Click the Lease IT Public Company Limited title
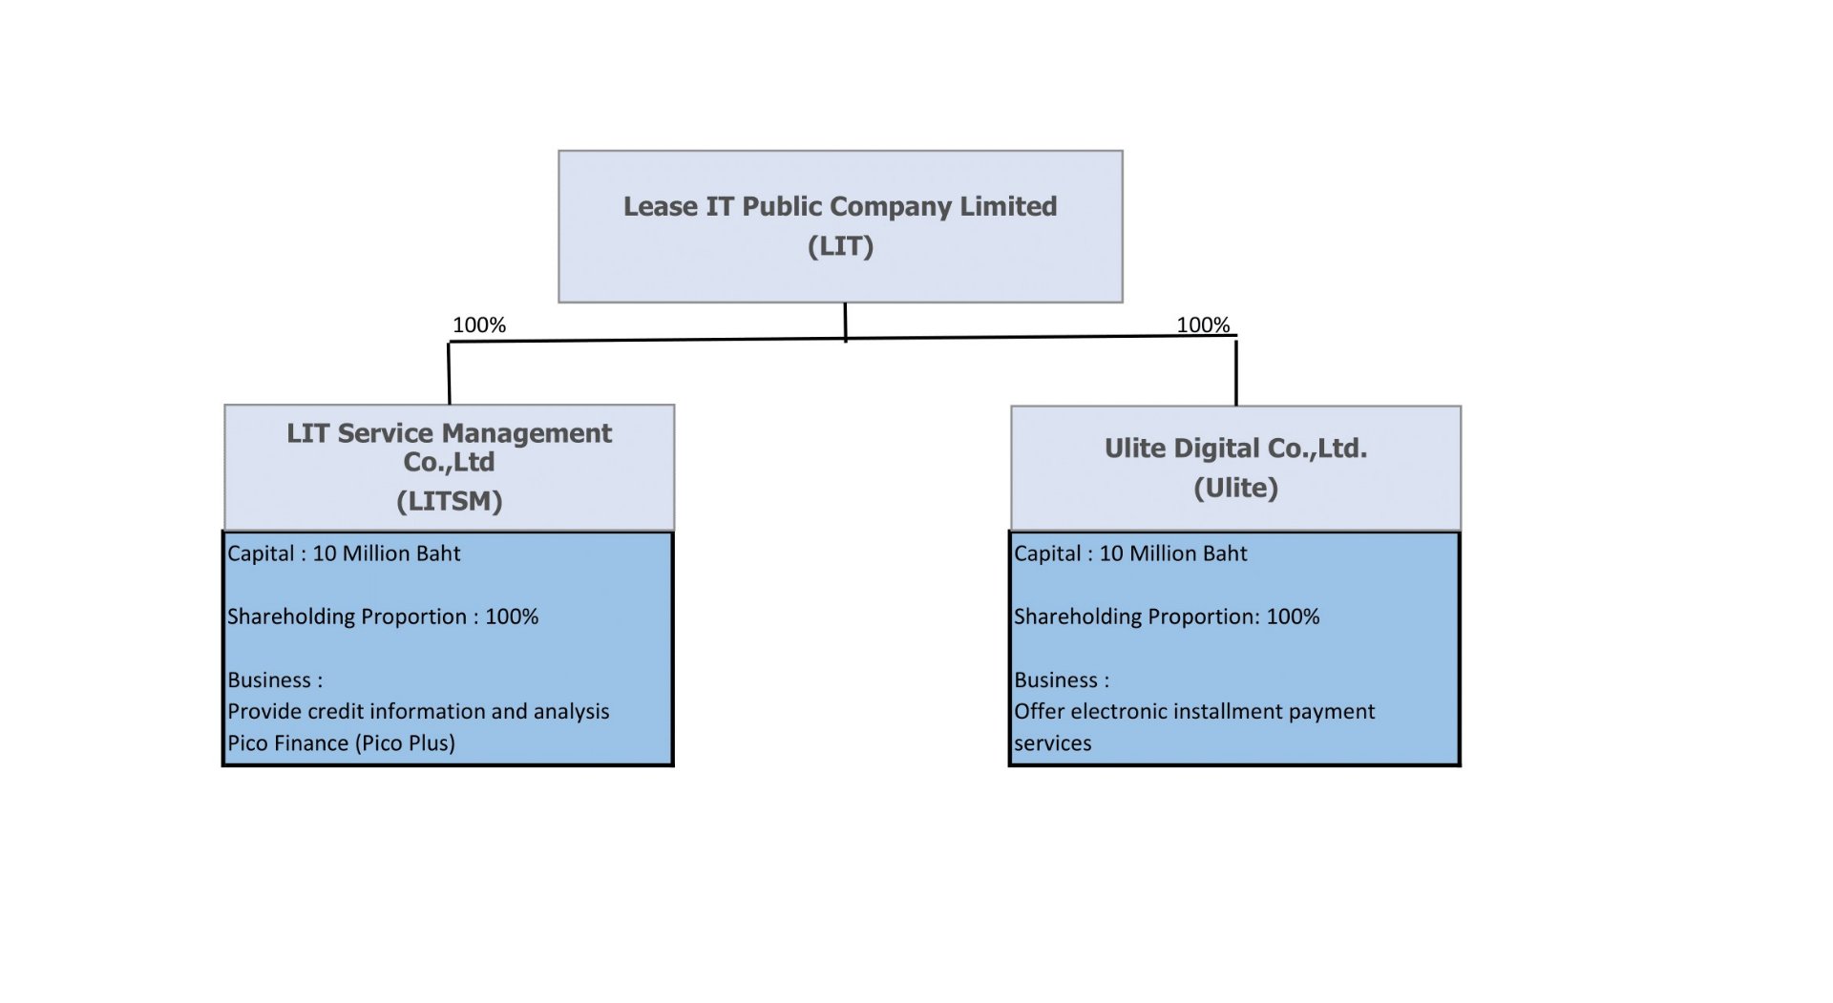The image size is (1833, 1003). [x=840, y=207]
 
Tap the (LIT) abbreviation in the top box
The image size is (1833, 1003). [x=840, y=246]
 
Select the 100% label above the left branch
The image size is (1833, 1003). [x=479, y=325]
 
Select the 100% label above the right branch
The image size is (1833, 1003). [x=1203, y=325]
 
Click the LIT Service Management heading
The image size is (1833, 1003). [x=449, y=434]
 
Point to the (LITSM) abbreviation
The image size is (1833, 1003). [x=449, y=501]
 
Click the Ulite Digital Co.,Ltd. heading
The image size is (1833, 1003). [x=1235, y=449]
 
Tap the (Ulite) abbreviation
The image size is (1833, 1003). [x=1235, y=488]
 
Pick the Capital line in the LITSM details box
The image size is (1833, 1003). [x=344, y=554]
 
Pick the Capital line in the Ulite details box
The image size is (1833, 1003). [x=1130, y=554]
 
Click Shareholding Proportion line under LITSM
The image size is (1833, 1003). [x=383, y=616]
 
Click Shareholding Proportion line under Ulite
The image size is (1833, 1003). [x=1167, y=616]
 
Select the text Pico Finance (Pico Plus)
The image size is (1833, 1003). [x=341, y=743]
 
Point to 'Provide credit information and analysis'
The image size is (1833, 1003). [x=418, y=712]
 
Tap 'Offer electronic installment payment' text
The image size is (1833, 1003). [x=1194, y=712]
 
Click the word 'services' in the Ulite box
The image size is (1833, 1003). [x=1052, y=743]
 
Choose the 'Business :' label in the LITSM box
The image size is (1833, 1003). [x=275, y=680]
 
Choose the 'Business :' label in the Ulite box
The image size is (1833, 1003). [x=1062, y=680]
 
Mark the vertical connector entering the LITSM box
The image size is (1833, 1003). [x=449, y=374]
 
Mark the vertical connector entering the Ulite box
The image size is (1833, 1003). [x=1236, y=372]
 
